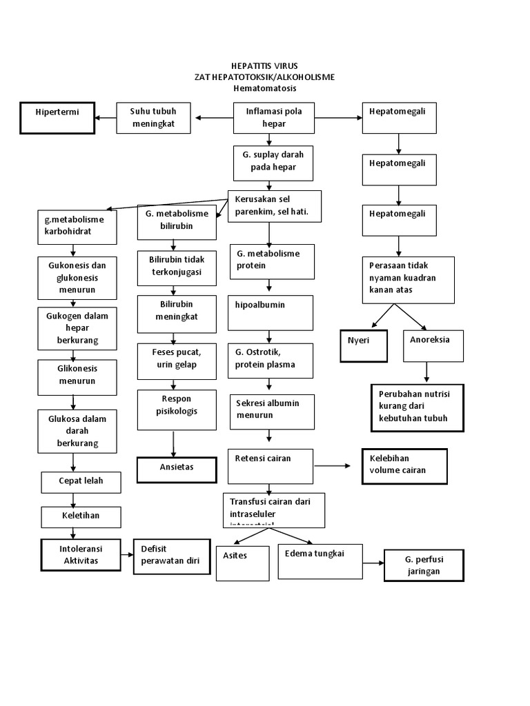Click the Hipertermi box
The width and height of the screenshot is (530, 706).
click(x=56, y=117)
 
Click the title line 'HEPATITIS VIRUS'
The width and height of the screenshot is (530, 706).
click(x=264, y=65)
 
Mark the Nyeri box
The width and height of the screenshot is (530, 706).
click(x=364, y=345)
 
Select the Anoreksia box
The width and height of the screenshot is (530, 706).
click(x=433, y=345)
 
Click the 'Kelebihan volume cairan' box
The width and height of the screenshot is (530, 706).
click(x=404, y=465)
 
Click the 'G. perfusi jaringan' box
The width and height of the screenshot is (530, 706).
click(x=424, y=565)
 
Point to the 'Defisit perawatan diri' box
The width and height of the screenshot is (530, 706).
click(x=171, y=556)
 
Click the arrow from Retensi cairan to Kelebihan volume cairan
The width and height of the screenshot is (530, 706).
click(x=333, y=466)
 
